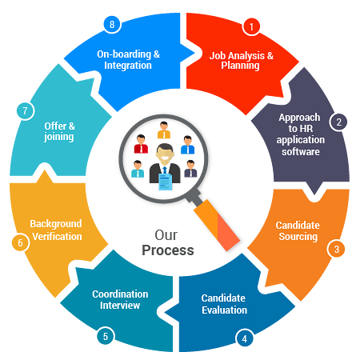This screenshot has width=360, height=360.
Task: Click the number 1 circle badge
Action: click(252, 26)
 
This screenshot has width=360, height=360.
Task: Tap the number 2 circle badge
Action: click(339, 122)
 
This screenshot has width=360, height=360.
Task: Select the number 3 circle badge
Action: click(337, 249)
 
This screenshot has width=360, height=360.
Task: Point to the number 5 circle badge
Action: click(105, 336)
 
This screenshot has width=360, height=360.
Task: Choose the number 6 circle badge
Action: click(17, 242)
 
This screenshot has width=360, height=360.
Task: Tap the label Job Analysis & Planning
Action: click(241, 61)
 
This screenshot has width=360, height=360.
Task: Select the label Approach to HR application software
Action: click(299, 134)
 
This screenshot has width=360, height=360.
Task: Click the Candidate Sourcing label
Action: click(296, 231)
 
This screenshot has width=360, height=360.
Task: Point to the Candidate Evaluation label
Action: click(224, 304)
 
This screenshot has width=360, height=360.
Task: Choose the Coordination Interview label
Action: click(116, 300)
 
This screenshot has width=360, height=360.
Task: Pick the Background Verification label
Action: click(56, 230)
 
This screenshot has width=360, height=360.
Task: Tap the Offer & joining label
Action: click(59, 131)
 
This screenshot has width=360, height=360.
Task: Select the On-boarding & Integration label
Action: click(128, 60)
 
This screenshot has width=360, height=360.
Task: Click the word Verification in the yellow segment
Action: click(56, 237)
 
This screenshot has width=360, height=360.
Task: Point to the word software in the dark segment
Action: click(299, 152)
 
